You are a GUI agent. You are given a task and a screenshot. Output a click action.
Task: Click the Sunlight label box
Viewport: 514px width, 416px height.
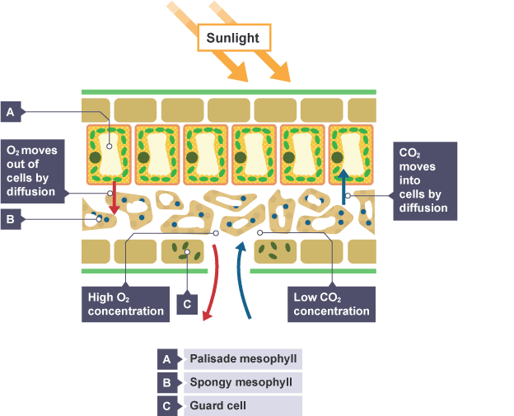tap(234, 38)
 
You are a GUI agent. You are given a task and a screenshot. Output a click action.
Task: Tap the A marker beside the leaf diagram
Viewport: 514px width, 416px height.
tap(11, 111)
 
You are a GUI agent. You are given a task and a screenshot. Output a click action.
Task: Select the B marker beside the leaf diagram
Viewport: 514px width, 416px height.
tap(11, 219)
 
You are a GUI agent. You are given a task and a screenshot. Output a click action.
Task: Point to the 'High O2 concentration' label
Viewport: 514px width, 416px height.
tap(126, 303)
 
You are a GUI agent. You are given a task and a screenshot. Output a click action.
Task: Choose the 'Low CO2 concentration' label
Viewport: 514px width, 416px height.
tap(331, 303)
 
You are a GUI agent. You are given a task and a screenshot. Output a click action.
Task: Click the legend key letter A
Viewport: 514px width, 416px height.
tap(167, 358)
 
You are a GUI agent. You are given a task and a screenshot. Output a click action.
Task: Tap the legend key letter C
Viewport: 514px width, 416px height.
tap(167, 406)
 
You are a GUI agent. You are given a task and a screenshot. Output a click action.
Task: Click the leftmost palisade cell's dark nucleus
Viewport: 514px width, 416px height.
tap(96, 157)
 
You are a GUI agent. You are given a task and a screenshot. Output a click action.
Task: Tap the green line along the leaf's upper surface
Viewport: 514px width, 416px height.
tap(229, 91)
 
